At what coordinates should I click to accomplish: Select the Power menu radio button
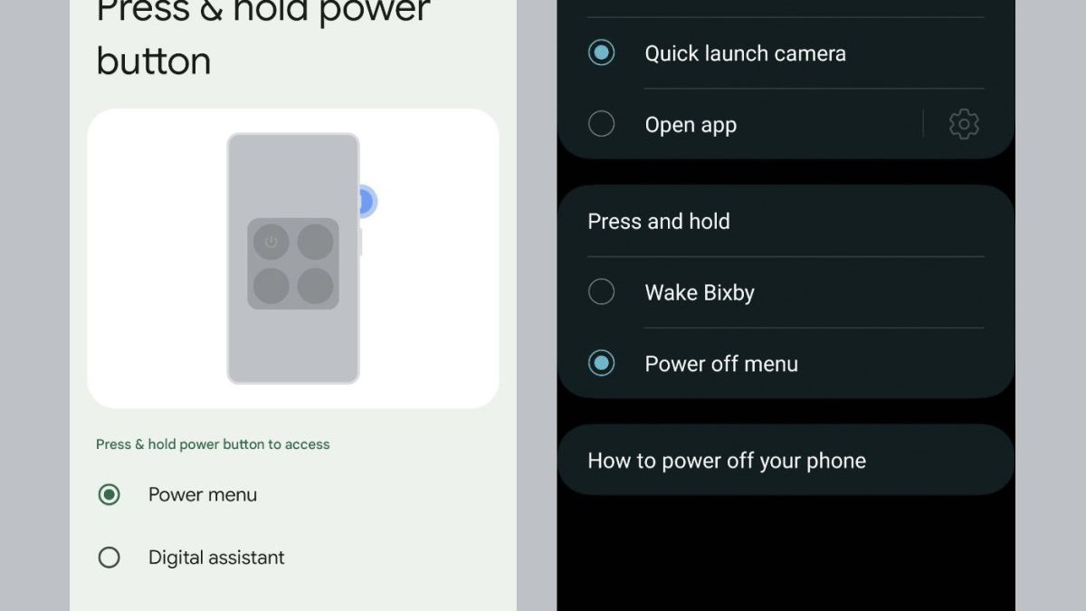[x=110, y=494]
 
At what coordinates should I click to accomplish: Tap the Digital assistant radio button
[x=110, y=558]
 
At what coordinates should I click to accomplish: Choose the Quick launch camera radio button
[x=601, y=53]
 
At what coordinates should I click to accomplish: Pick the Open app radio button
[x=601, y=124]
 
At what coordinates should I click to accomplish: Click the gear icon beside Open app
[x=964, y=124]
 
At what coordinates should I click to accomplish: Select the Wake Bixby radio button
[x=601, y=291]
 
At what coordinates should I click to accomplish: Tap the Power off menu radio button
[x=601, y=363]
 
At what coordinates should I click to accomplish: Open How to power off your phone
[x=727, y=461]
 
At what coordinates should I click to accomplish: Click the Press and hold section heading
[x=659, y=222]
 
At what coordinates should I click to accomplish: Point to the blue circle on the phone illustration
[x=367, y=201]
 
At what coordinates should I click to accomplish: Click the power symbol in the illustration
[x=271, y=242]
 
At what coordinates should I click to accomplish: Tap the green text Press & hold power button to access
[x=213, y=444]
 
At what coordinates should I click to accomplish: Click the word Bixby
[x=729, y=293]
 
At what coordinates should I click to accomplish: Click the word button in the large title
[x=154, y=62]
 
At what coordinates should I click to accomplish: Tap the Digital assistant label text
[x=216, y=558]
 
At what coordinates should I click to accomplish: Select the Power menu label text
[x=203, y=494]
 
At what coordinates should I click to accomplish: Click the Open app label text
[x=691, y=126]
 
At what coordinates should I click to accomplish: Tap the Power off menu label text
[x=721, y=364]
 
